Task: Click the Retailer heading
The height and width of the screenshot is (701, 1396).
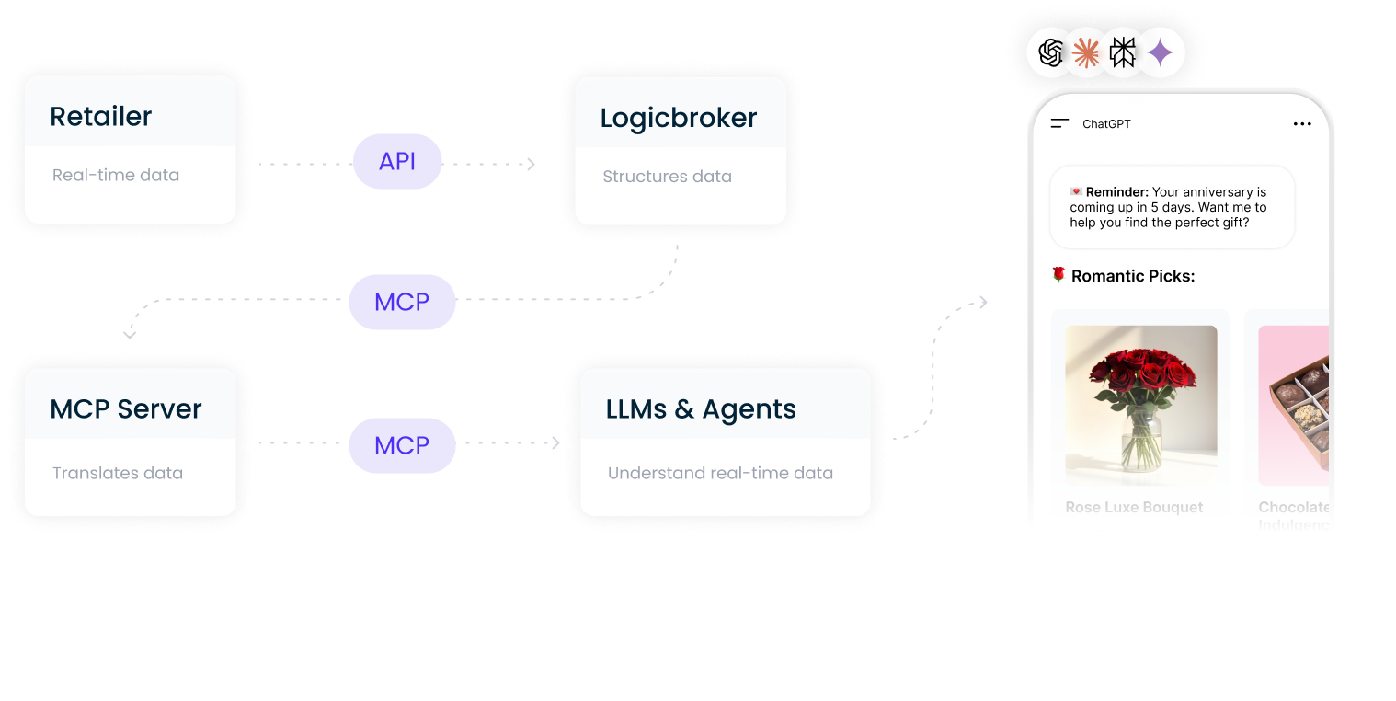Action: click(x=100, y=117)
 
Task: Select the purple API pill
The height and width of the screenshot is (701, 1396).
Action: click(x=397, y=162)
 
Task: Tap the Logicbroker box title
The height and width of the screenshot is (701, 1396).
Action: click(x=678, y=118)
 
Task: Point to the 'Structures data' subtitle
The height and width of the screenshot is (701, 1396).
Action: click(x=667, y=177)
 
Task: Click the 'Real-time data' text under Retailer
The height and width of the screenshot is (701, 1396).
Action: click(x=115, y=175)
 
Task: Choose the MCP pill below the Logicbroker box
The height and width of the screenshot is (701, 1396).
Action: click(x=402, y=302)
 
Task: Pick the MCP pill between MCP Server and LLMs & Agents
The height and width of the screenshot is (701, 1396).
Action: click(x=402, y=445)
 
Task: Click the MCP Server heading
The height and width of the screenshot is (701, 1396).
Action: click(x=125, y=409)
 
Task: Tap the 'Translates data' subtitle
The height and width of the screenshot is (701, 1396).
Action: click(x=117, y=473)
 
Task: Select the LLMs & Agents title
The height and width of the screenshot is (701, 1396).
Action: click(x=701, y=409)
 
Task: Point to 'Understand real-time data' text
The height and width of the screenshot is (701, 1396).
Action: click(x=720, y=473)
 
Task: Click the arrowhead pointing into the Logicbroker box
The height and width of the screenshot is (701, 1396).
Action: click(x=531, y=164)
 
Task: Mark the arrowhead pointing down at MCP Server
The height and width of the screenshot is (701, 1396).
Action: click(x=130, y=334)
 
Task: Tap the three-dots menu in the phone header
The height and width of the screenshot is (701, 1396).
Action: click(x=1302, y=124)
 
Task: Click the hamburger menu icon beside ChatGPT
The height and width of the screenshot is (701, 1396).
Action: click(x=1059, y=123)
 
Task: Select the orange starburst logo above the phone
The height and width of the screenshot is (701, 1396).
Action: click(x=1086, y=53)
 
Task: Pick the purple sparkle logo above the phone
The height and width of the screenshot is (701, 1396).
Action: click(x=1161, y=53)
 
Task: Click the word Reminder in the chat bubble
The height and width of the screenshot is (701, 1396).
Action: click(x=1116, y=192)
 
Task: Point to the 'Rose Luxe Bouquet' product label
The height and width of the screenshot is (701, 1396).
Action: click(x=1134, y=507)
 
